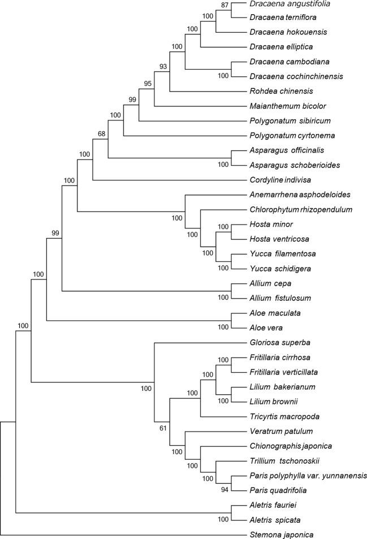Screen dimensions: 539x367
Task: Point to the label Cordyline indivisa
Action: click(x=276, y=180)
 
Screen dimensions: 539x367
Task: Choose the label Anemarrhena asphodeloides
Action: click(x=292, y=195)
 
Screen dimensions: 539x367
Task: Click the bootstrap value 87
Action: click(x=226, y=5)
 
